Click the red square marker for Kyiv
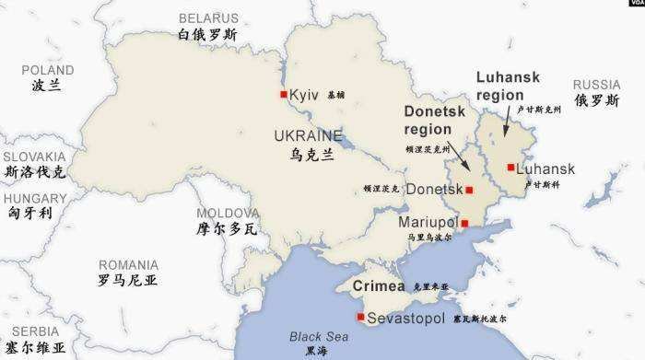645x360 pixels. (x=284, y=95)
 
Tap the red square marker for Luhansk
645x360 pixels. (x=510, y=168)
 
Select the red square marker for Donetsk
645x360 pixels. (x=469, y=190)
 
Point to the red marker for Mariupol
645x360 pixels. (x=464, y=223)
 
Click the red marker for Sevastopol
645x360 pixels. (x=360, y=317)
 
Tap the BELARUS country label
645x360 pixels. (x=207, y=17)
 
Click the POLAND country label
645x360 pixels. (x=48, y=70)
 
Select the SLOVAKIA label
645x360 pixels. (x=35, y=157)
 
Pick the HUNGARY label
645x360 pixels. (x=35, y=198)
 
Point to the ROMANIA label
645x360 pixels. (x=128, y=264)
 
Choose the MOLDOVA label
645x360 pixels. (x=225, y=212)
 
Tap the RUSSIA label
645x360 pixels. (x=596, y=84)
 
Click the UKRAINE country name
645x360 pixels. (x=308, y=136)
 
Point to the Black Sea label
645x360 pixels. (x=315, y=336)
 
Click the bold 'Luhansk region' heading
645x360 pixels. (x=508, y=86)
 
